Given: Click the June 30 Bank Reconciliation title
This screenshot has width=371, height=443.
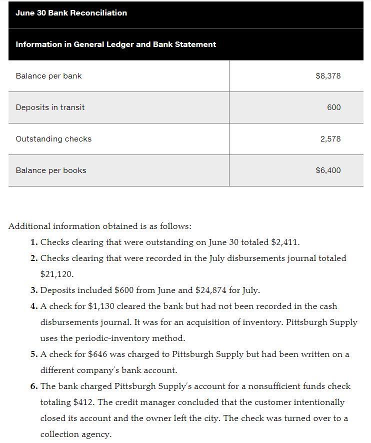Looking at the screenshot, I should point(71,13).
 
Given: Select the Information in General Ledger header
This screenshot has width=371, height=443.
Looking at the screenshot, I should point(115,44).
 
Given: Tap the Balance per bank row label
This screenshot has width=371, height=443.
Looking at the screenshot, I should point(48,76).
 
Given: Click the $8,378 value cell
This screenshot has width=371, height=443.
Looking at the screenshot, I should point(328,76).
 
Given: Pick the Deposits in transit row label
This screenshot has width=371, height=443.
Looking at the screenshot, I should point(50,107).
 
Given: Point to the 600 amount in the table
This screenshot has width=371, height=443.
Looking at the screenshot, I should point(333,107).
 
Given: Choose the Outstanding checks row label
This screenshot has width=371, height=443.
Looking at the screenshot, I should point(53,139).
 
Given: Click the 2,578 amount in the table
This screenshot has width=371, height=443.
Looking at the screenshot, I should point(330,139).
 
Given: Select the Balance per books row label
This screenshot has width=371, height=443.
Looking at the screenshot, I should point(51,170).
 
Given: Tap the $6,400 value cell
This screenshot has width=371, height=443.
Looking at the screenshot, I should point(328,170).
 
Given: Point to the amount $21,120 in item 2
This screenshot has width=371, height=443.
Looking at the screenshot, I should point(56,274).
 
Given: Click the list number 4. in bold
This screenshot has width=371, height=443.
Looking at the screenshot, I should point(33,306).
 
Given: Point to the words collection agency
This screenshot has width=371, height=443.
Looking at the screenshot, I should point(75,434).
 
